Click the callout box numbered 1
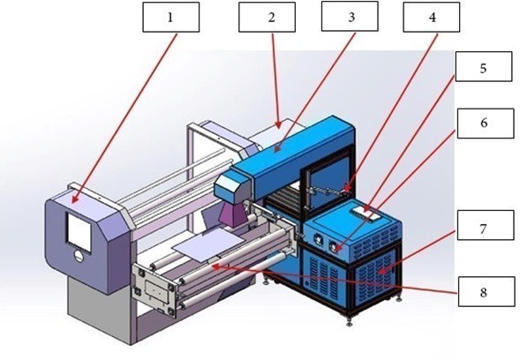tap(170, 18)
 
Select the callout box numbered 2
tap(267, 17)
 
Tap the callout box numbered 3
tap(350, 16)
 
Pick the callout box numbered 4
tap(431, 17)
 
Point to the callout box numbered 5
tap(484, 67)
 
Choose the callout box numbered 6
tap(486, 124)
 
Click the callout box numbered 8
tap(486, 292)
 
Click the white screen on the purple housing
tap(79, 232)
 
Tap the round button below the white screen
tap(79, 256)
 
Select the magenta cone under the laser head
tap(232, 215)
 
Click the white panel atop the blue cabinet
tap(366, 214)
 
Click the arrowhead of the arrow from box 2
tap(279, 125)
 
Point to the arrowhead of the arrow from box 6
tap(337, 249)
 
